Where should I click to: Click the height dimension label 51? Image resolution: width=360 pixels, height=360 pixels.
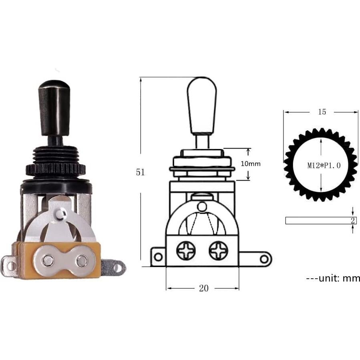coord(140,173)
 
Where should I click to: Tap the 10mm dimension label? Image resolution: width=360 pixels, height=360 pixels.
coord(251,164)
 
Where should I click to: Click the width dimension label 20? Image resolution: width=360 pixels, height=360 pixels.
coord(203,288)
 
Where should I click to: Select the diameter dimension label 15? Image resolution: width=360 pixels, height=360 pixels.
coord(322,112)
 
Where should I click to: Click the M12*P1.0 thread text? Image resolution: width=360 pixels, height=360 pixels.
coord(324,165)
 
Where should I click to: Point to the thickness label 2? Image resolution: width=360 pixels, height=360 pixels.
coord(353,221)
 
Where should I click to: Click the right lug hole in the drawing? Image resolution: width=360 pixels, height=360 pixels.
coord(264,259)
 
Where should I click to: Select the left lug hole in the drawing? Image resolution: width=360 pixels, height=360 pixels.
coord(158,256)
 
